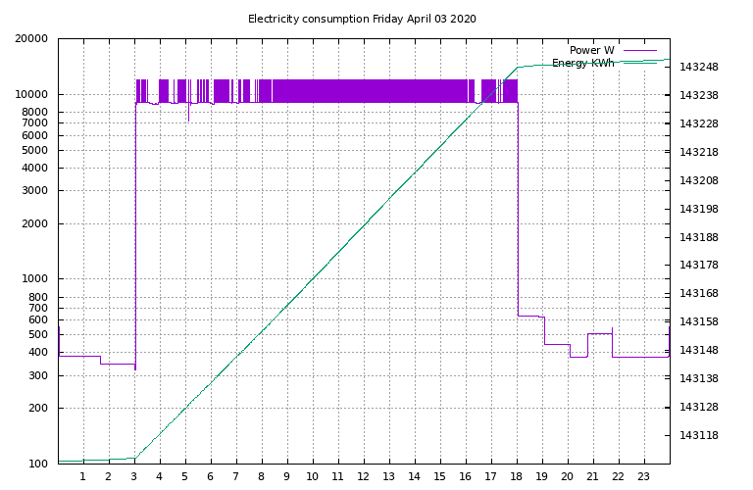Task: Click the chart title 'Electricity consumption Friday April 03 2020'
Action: click(362, 19)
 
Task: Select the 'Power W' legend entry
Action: click(591, 50)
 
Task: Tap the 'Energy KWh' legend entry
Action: click(582, 64)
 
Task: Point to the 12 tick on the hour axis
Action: click(363, 477)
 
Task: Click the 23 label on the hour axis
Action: click(644, 477)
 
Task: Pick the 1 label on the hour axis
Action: click(83, 477)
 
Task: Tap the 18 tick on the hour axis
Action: click(517, 477)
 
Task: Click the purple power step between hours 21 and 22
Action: click(599, 333)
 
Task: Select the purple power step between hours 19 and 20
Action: click(556, 344)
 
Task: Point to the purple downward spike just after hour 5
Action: click(188, 116)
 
